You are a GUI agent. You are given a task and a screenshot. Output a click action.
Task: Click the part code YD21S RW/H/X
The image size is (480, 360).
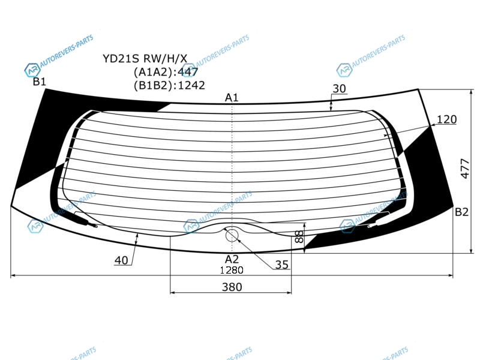pos(145,58)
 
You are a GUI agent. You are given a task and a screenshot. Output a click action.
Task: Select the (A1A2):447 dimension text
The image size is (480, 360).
pos(166,72)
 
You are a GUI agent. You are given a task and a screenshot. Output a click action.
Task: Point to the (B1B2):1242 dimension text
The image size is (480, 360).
pos(169,85)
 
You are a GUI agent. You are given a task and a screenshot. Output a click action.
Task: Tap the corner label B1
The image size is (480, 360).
pos(40,82)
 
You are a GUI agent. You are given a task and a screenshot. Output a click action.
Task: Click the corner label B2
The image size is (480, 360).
pos(461,212)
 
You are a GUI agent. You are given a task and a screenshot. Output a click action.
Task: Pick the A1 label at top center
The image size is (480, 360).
pos(232,98)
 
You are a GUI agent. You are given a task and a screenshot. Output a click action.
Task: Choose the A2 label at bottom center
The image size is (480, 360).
pos(232,259)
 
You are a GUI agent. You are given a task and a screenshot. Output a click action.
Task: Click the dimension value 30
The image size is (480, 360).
pos(339,88)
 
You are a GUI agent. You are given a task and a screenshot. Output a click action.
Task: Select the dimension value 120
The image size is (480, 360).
pos(446,119)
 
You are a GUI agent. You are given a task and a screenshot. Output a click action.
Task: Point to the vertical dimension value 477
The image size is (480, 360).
pos(464,169)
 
